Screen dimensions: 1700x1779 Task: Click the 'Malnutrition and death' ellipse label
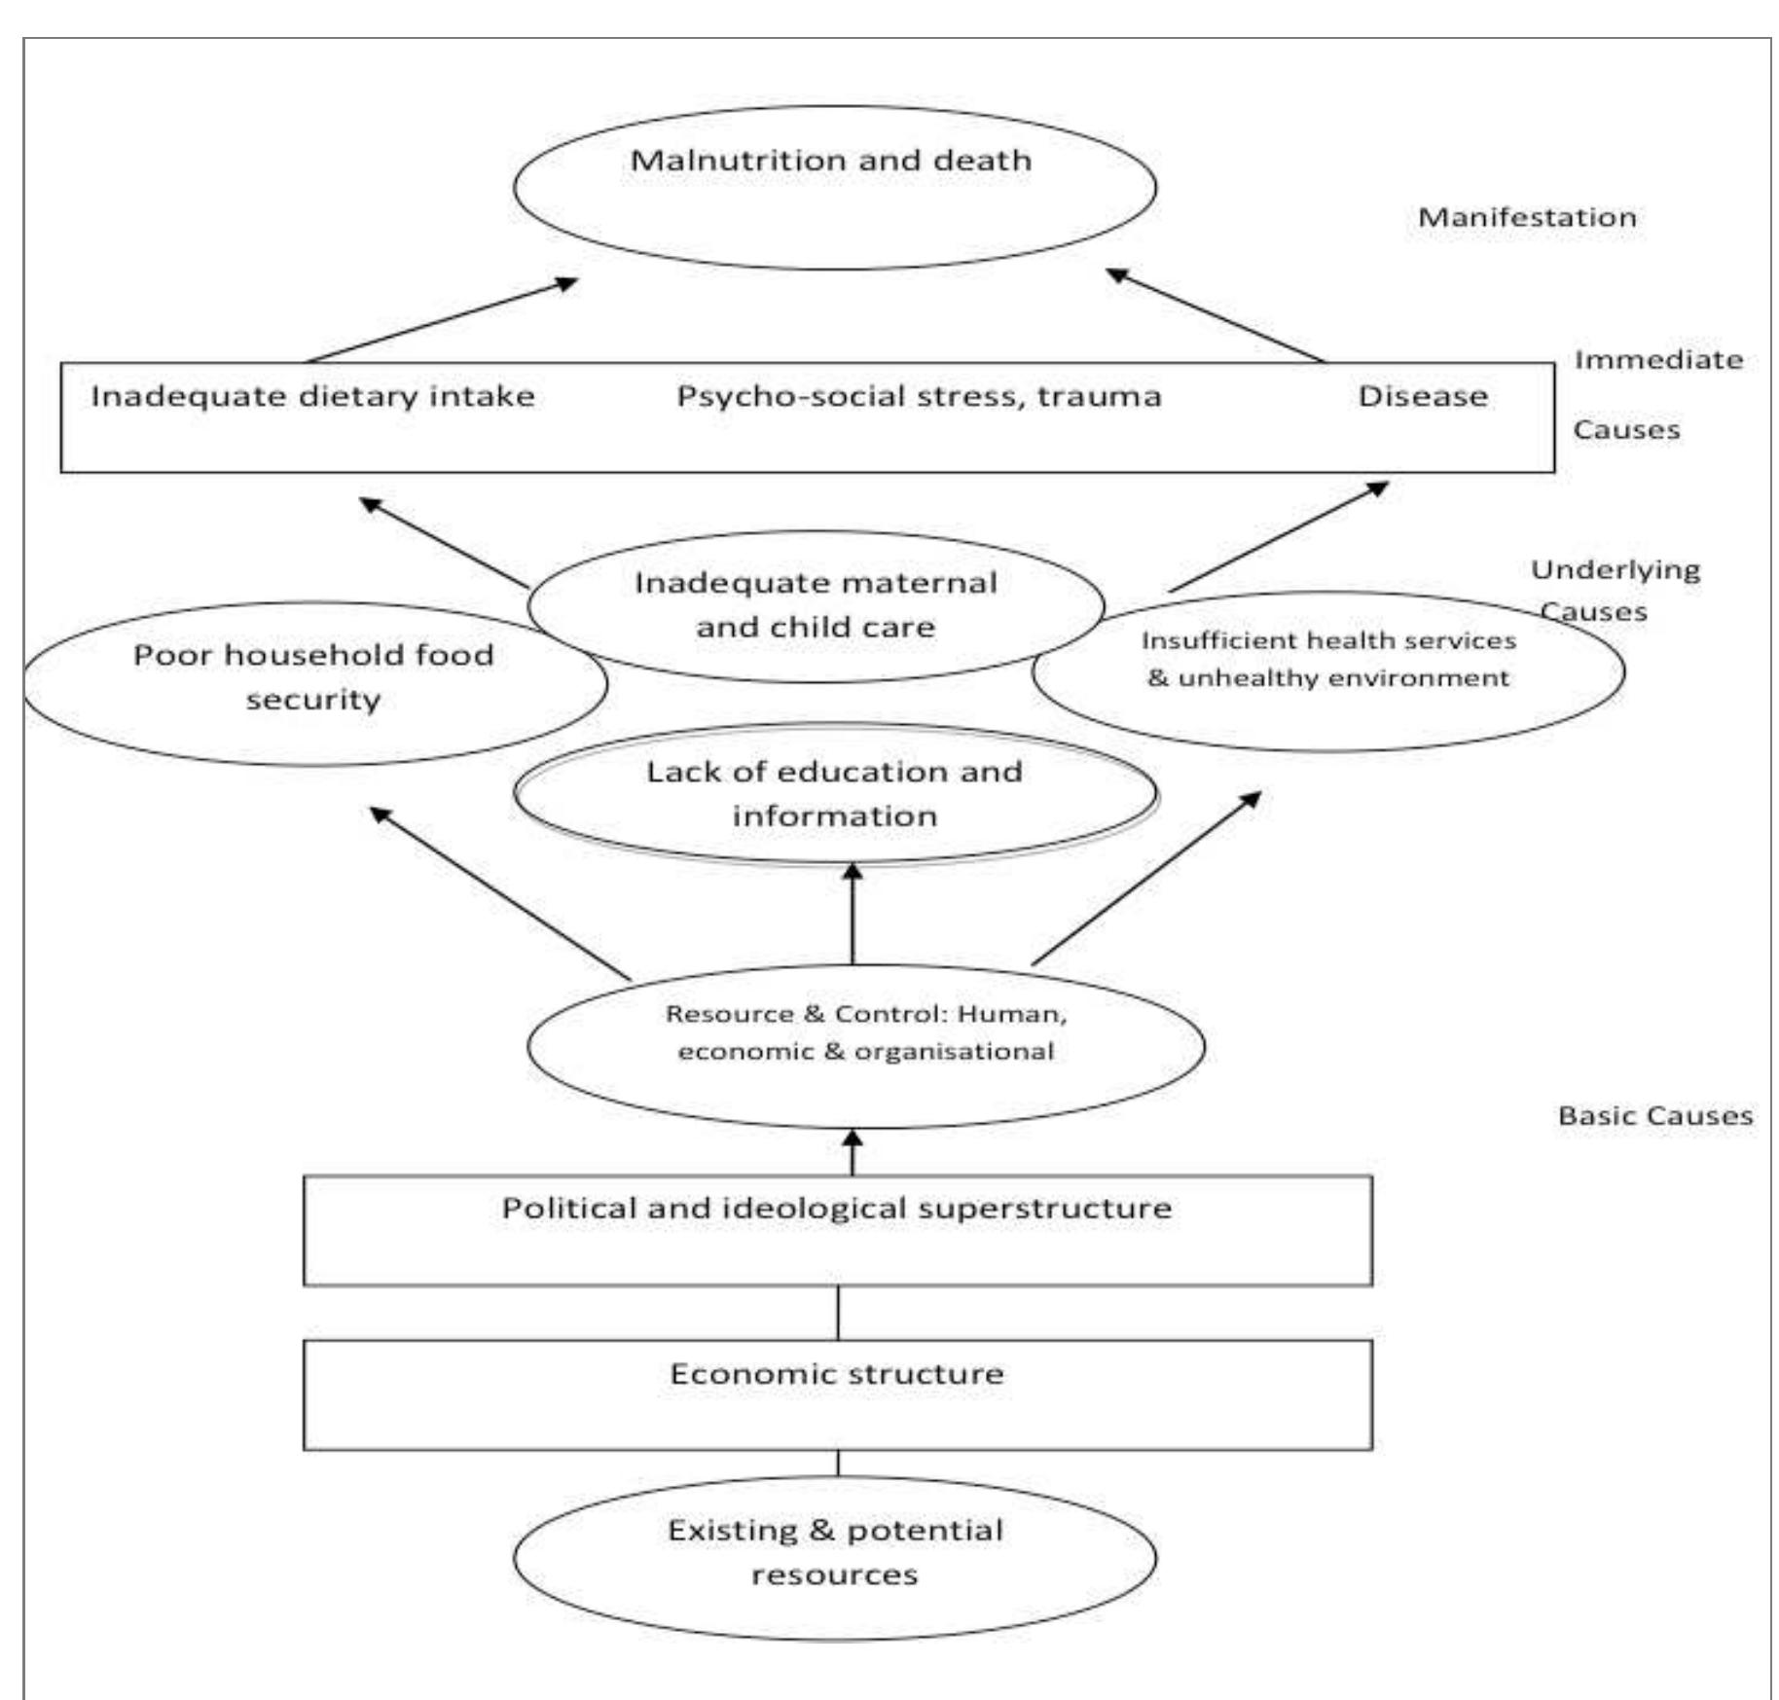[832, 161]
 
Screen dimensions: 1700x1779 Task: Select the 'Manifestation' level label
[1526, 217]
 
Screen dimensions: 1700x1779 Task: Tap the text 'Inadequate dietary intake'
[312, 397]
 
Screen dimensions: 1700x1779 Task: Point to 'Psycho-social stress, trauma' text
[919, 397]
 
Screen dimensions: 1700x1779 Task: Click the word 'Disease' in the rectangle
[1422, 397]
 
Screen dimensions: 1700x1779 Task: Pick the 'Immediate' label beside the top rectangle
[1658, 360]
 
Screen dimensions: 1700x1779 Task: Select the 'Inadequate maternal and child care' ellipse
[816, 605]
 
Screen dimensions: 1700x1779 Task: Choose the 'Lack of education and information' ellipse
[834, 794]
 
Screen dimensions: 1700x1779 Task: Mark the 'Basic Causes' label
[1654, 1116]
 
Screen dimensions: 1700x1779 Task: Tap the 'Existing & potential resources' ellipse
[834, 1553]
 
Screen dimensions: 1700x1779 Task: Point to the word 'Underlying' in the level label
[1615, 570]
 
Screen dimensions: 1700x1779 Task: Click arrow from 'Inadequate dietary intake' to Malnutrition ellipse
[442, 321]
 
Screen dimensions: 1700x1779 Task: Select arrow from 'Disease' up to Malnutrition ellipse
[1216, 315]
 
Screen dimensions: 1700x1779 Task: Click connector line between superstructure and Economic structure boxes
[838, 1313]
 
